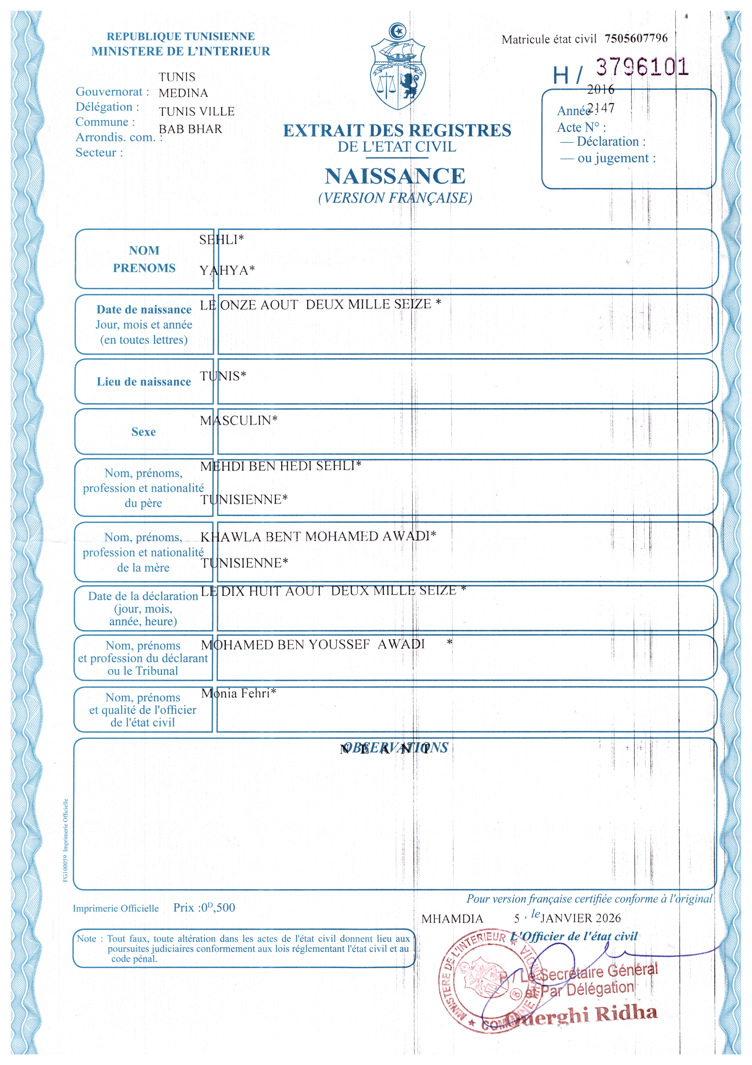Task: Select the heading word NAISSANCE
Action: [x=395, y=176]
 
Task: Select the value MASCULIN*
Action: [x=238, y=420]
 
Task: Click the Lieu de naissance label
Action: [x=144, y=382]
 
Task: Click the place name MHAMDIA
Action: [x=452, y=919]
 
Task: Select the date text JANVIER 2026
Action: [x=580, y=918]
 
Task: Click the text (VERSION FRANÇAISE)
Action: [x=395, y=198]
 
